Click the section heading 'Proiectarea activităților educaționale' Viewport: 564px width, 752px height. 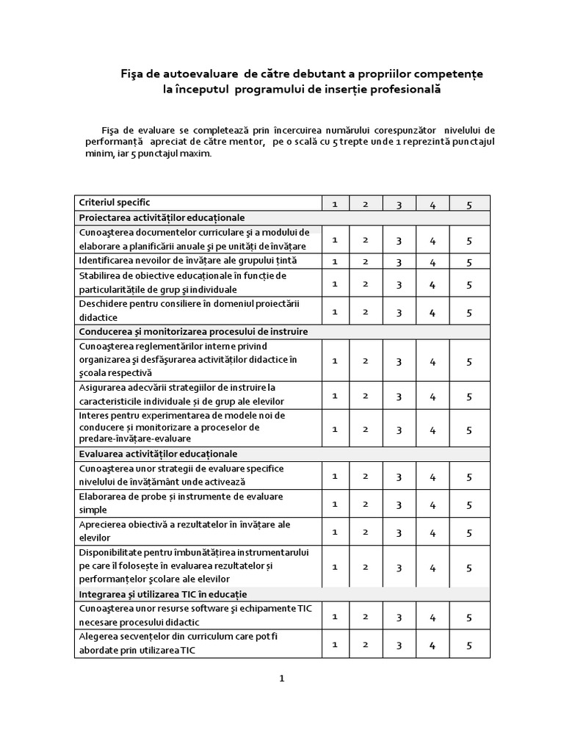pos(162,218)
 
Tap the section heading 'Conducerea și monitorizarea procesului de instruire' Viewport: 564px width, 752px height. pos(192,332)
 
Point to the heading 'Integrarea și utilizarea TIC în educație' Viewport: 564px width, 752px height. pos(162,593)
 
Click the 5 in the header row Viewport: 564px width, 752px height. pos(469,205)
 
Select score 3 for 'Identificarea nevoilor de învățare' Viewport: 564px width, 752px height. pos(399,262)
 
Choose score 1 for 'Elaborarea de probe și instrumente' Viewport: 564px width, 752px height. pos(334,504)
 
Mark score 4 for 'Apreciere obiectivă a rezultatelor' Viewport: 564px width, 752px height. pos(433,532)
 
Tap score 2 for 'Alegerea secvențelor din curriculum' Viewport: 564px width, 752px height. pos(365,645)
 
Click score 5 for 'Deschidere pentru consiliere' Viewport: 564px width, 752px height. pos(469,312)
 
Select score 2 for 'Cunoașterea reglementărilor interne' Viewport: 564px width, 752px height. pos(365,361)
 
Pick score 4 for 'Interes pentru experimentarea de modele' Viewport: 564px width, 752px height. pos(433,430)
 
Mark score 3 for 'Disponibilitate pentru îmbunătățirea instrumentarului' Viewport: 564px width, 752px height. pos(399,568)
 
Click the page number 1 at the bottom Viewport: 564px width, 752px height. pos(281,679)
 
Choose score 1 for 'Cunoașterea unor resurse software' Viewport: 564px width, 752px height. pos(334,617)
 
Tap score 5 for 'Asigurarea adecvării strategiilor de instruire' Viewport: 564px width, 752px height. pos(469,397)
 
